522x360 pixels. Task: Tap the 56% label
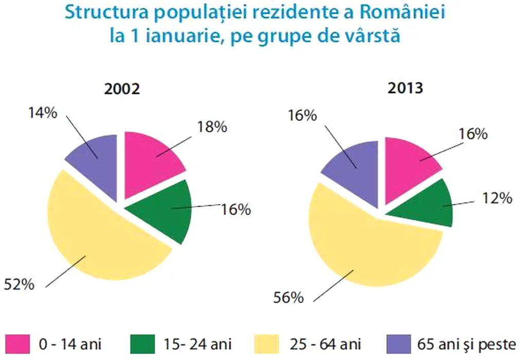[x=289, y=297]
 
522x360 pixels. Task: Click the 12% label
[x=497, y=197]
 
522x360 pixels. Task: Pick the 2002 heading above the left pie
[x=122, y=89]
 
